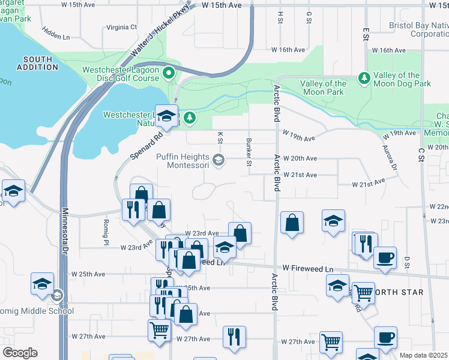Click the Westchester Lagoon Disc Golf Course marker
169,74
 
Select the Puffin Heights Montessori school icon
218,160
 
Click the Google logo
20,353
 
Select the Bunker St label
249,152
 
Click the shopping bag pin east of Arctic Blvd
292,223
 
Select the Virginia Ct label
122,27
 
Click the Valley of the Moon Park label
323,88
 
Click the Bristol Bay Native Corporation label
418,29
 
